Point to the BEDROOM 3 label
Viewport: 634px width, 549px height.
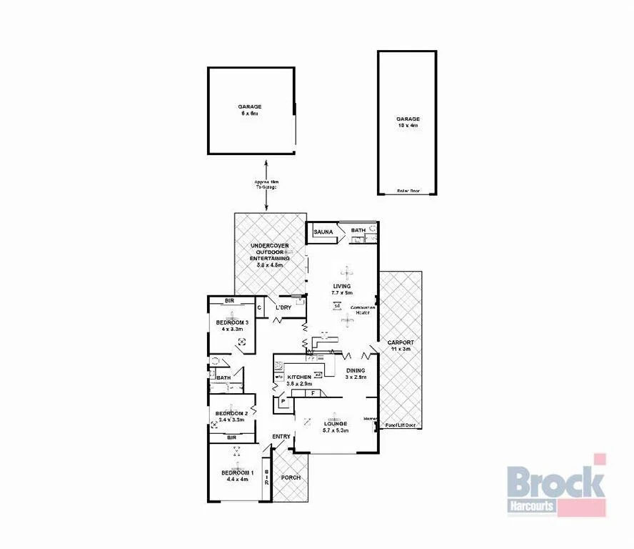pos(233,322)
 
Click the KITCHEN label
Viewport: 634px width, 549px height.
pos(299,377)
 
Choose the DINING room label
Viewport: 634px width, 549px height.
pos(356,370)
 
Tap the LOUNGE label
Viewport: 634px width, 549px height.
pos(335,422)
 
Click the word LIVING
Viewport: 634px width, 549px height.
pos(341,286)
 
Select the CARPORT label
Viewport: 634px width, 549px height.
pos(401,342)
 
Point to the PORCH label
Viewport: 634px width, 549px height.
pos(291,478)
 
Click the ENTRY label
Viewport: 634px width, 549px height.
pos(281,437)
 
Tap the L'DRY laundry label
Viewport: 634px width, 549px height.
pos(283,308)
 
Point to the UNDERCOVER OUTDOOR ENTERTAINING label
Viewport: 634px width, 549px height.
pos(270,255)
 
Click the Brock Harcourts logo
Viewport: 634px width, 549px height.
pos(556,485)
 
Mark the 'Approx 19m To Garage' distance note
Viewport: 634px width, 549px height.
pos(266,184)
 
